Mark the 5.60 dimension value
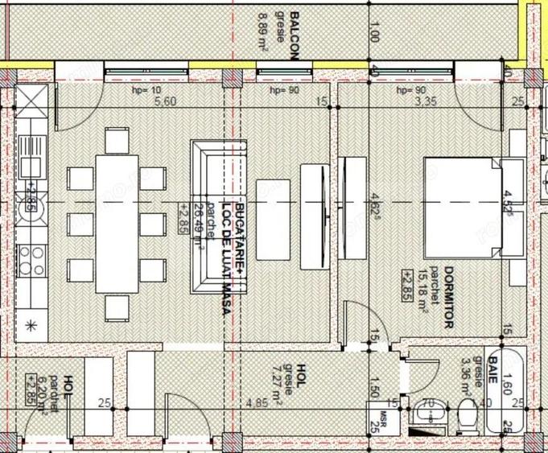(164, 101)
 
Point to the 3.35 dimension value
(425, 101)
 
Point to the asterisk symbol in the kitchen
(31, 326)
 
